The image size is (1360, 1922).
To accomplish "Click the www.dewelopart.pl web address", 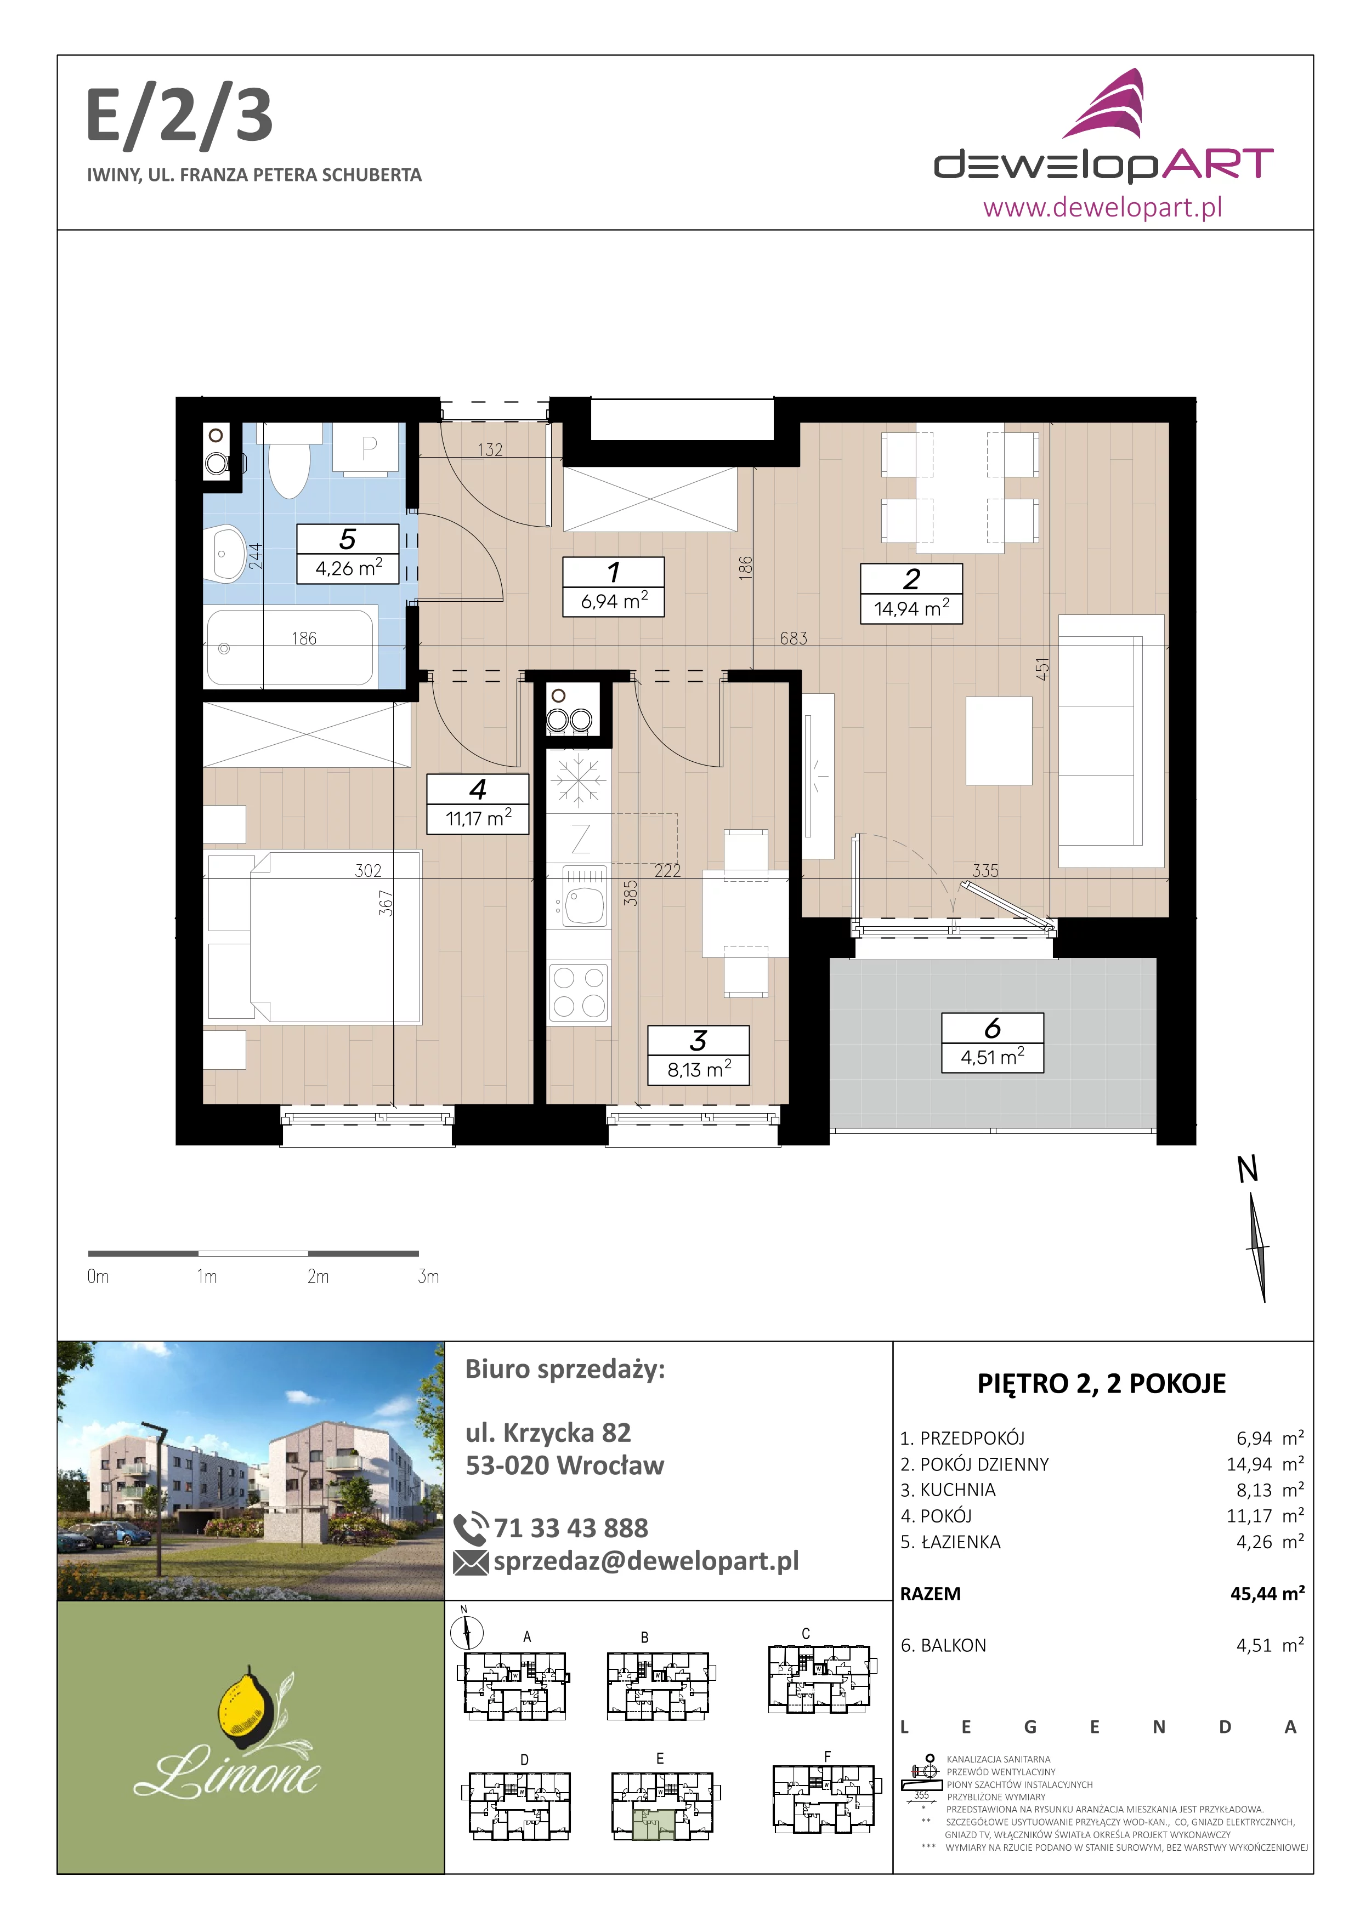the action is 1102,207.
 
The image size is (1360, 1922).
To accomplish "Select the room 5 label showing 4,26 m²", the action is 348,554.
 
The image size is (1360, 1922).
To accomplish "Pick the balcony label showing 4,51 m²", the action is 993,1042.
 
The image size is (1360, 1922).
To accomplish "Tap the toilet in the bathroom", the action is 289,460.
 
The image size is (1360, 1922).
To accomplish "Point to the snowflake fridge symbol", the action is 579,781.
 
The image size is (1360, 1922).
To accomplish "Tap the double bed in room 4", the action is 313,938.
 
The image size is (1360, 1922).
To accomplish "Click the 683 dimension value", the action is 794,638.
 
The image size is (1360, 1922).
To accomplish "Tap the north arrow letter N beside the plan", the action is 1248,1168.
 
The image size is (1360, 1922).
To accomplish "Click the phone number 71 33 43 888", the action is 570,1528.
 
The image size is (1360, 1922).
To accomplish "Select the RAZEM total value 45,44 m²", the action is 1267,1593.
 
